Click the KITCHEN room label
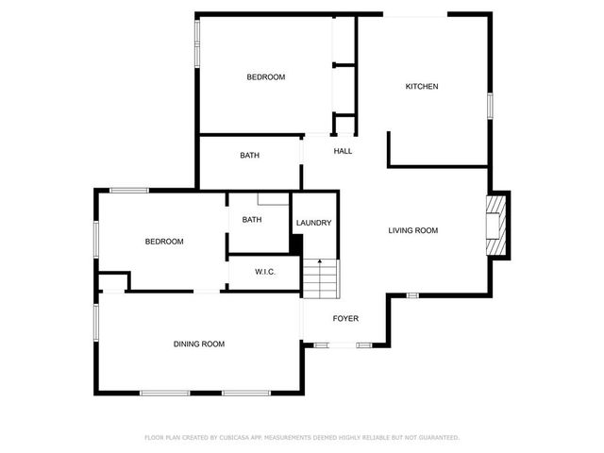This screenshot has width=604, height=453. (x=422, y=87)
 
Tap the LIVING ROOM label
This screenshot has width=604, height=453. (x=413, y=230)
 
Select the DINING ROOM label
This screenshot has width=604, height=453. (x=198, y=344)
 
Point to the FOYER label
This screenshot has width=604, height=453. (x=345, y=319)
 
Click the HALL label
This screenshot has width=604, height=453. (x=343, y=151)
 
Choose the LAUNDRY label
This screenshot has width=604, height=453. (x=313, y=224)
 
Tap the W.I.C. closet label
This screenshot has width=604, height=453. (x=264, y=272)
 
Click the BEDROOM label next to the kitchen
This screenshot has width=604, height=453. (x=265, y=77)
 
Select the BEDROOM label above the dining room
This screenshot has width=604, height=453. (x=164, y=242)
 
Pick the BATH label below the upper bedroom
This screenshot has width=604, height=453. (x=249, y=156)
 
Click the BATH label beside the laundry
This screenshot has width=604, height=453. (x=252, y=220)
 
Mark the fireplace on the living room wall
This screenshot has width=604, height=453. (x=496, y=225)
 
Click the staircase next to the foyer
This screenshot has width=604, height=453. (x=320, y=278)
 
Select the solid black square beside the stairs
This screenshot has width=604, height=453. (x=296, y=245)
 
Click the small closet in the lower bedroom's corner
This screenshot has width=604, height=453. (x=112, y=281)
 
